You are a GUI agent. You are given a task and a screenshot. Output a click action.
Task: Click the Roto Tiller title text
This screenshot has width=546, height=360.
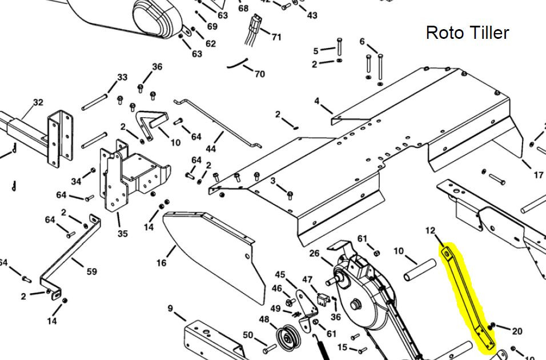(x=467, y=33)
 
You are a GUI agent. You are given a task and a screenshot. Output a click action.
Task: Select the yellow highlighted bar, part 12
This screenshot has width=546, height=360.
(x=467, y=295)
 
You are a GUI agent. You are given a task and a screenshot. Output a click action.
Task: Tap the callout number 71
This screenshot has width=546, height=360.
(x=276, y=37)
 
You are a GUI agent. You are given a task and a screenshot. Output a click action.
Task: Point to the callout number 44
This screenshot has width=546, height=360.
(x=211, y=149)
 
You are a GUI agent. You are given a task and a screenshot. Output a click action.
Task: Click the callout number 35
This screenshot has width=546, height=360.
(x=123, y=233)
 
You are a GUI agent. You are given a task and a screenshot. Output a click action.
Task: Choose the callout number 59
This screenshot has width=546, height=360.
(x=91, y=271)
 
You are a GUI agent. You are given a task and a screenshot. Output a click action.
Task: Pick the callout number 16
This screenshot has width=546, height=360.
(x=162, y=262)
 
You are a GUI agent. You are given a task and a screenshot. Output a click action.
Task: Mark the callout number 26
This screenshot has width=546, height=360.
(x=314, y=253)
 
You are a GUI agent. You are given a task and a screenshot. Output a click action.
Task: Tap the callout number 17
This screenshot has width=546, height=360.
(x=538, y=175)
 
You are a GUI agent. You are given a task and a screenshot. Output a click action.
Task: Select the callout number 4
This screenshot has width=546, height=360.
(x=317, y=101)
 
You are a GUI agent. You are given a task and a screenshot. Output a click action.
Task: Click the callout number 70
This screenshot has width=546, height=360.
(x=259, y=74)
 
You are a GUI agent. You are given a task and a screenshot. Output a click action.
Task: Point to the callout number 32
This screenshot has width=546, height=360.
(x=38, y=102)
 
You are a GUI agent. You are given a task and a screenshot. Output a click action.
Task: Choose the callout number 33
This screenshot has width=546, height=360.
(x=122, y=77)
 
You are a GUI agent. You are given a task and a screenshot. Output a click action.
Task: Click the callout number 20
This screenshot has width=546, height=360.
(x=517, y=331)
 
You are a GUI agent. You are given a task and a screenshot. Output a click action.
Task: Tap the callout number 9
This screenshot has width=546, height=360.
(x=170, y=309)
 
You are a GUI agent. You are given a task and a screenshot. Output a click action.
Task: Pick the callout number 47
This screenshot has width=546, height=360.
(x=307, y=279)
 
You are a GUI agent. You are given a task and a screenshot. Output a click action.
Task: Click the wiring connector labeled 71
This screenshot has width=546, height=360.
(x=254, y=27)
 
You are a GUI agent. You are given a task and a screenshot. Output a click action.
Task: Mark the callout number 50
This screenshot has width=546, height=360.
(x=248, y=335)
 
